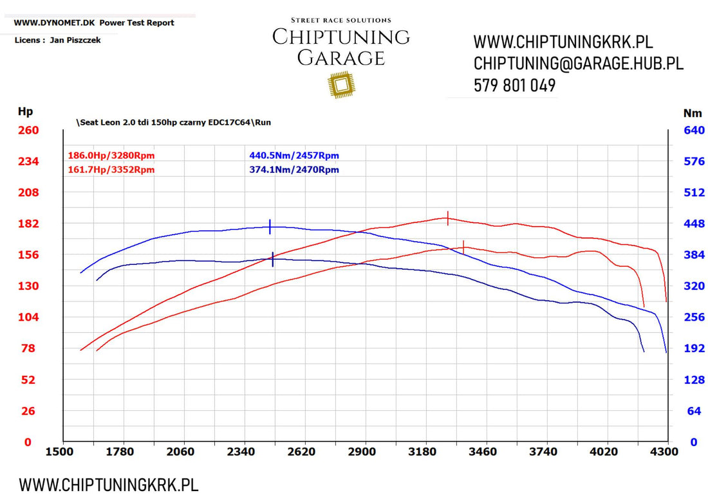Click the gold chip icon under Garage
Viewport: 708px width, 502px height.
click(341, 85)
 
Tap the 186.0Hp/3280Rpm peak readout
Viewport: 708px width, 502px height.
click(111, 156)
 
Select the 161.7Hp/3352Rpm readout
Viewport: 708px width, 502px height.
click(111, 170)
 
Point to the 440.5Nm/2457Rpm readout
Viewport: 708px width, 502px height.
click(293, 156)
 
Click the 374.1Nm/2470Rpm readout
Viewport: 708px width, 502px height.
click(293, 170)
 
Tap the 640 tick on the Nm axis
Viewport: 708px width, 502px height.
click(694, 130)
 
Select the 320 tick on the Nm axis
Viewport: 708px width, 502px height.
click(694, 286)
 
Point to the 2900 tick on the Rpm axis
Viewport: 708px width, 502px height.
click(362, 452)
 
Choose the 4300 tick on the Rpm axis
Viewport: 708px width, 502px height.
click(664, 452)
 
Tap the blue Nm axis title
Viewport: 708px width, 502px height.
click(693, 113)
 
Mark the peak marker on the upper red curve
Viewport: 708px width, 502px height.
click(448, 217)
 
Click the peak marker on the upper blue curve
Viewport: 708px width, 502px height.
click(270, 226)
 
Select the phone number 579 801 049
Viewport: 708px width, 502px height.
click(514, 85)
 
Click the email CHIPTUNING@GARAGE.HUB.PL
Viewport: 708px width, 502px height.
click(578, 64)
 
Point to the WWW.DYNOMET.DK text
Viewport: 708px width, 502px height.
click(54, 22)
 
